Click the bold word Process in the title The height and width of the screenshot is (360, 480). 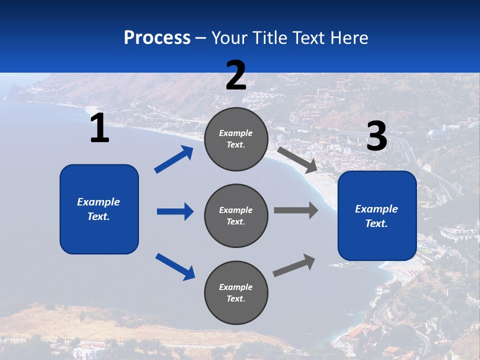(157, 38)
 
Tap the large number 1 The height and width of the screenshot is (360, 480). (99, 128)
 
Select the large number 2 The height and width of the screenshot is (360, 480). (236, 75)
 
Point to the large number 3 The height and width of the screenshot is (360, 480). (376, 136)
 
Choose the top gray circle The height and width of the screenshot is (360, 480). (236, 139)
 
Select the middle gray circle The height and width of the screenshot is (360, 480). (236, 216)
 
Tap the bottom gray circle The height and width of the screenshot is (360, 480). (236, 293)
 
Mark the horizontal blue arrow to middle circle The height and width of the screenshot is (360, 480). (175, 211)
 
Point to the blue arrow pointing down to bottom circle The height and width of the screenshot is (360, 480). (175, 266)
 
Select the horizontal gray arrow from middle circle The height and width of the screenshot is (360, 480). (296, 210)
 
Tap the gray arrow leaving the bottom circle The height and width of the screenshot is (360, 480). (294, 265)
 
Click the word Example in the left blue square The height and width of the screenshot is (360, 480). (98, 202)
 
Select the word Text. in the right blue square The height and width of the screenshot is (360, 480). (376, 223)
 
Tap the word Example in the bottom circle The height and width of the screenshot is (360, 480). (236, 287)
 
